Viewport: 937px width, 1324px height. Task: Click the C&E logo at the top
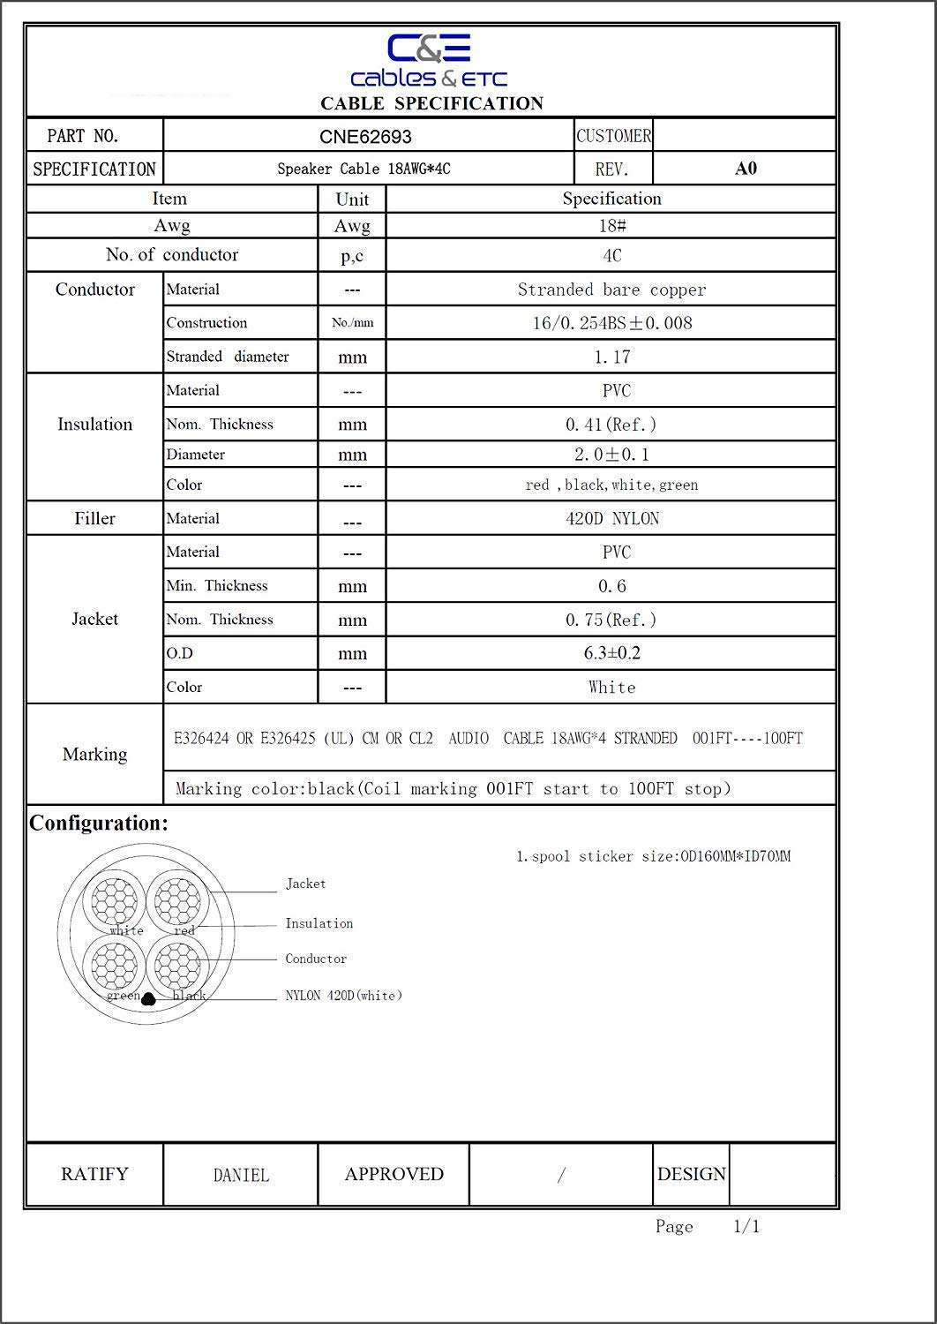(x=430, y=61)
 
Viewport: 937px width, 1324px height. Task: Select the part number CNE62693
(x=365, y=137)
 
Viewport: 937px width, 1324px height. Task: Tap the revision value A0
(x=746, y=169)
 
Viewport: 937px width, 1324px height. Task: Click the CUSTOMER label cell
(x=613, y=136)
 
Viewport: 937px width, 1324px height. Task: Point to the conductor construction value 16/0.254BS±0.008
(x=611, y=323)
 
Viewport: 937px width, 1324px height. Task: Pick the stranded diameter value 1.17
(x=611, y=357)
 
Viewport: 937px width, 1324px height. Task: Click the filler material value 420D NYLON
(x=611, y=518)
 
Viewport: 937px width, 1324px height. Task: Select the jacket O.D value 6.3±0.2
(x=611, y=653)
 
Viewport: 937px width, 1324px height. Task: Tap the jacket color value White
(x=611, y=687)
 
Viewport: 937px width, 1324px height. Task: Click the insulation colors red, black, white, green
(x=611, y=485)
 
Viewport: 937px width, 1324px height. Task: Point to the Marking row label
(x=94, y=755)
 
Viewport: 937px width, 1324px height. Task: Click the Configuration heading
(x=99, y=823)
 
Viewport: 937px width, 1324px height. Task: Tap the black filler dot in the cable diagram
(x=148, y=999)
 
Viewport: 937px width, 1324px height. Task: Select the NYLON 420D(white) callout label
(x=343, y=996)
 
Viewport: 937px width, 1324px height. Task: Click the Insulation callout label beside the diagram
(x=319, y=923)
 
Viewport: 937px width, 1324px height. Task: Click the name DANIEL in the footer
(x=241, y=1175)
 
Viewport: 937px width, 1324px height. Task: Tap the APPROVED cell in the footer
(x=394, y=1174)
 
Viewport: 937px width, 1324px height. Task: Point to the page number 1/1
(x=746, y=1226)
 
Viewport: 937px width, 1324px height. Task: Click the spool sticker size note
(x=653, y=856)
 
